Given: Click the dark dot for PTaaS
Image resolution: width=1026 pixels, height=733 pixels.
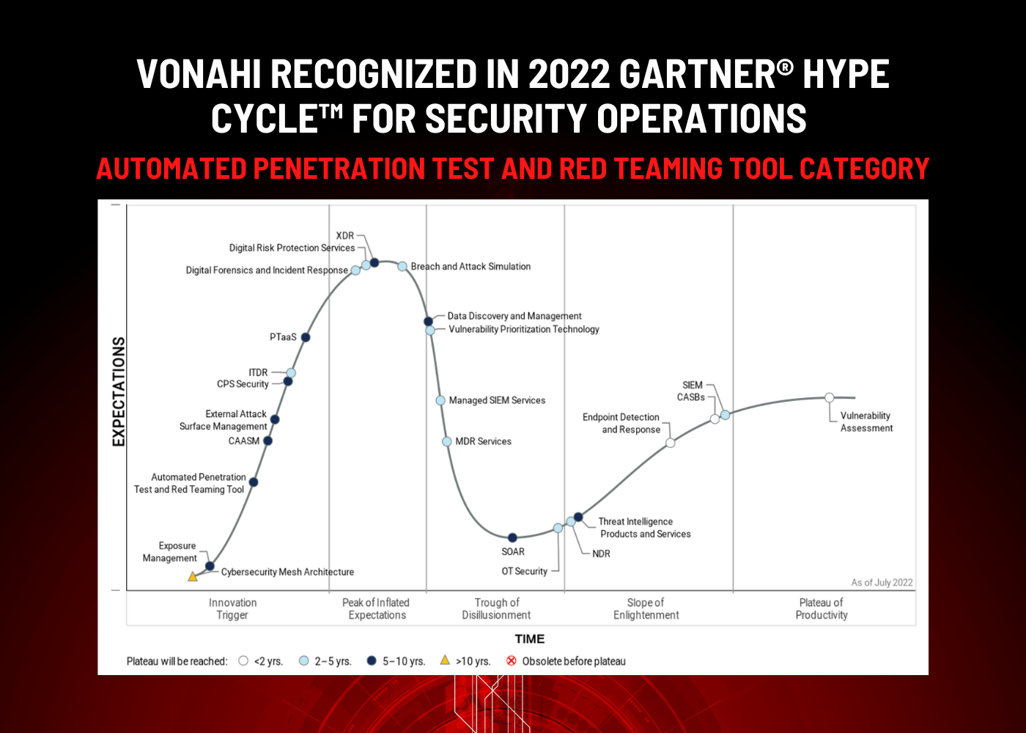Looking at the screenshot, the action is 306,337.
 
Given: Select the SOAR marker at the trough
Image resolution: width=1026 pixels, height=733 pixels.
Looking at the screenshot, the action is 512,537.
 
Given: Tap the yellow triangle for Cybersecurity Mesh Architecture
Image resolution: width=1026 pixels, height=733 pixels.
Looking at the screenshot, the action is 193,576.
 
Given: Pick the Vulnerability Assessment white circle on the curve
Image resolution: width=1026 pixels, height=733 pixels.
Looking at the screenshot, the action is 829,397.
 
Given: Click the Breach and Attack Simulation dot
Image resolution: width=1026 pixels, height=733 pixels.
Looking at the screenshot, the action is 402,266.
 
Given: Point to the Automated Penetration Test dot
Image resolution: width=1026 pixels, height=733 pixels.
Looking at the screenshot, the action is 254,482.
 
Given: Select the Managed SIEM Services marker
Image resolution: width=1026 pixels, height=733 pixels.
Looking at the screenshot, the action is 440,400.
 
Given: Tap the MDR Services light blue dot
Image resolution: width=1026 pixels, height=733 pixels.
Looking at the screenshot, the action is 446,441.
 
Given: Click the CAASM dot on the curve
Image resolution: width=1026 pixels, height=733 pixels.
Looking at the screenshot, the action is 268,441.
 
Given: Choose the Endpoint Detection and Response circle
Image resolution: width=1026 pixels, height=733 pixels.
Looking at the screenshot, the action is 670,443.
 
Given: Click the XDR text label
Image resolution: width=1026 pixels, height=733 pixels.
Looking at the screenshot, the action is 345,235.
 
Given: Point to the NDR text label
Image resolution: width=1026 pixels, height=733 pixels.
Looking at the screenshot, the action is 601,553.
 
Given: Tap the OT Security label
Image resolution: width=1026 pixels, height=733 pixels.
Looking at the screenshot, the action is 525,571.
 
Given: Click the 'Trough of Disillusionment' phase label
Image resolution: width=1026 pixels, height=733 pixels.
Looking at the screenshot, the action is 497,609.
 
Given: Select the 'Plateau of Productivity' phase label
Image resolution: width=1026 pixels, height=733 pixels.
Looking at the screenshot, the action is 822,609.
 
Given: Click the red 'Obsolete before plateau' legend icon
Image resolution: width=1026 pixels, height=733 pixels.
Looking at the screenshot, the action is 512,660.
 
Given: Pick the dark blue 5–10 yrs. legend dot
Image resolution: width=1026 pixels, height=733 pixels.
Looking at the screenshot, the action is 372,660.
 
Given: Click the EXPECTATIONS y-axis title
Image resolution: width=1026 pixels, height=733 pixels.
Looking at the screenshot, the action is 119,391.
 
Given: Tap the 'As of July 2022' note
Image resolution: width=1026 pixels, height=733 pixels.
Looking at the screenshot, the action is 882,582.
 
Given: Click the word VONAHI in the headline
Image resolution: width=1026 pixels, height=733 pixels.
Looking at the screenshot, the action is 199,74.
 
